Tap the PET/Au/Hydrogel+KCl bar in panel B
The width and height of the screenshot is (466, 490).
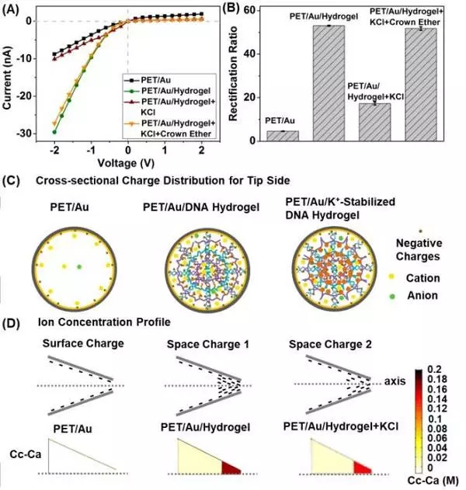(374, 122)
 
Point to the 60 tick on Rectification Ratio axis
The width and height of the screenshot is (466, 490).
(259, 10)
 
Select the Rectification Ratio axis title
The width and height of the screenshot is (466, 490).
(242, 74)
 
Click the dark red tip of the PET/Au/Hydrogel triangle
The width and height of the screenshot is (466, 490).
(232, 466)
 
